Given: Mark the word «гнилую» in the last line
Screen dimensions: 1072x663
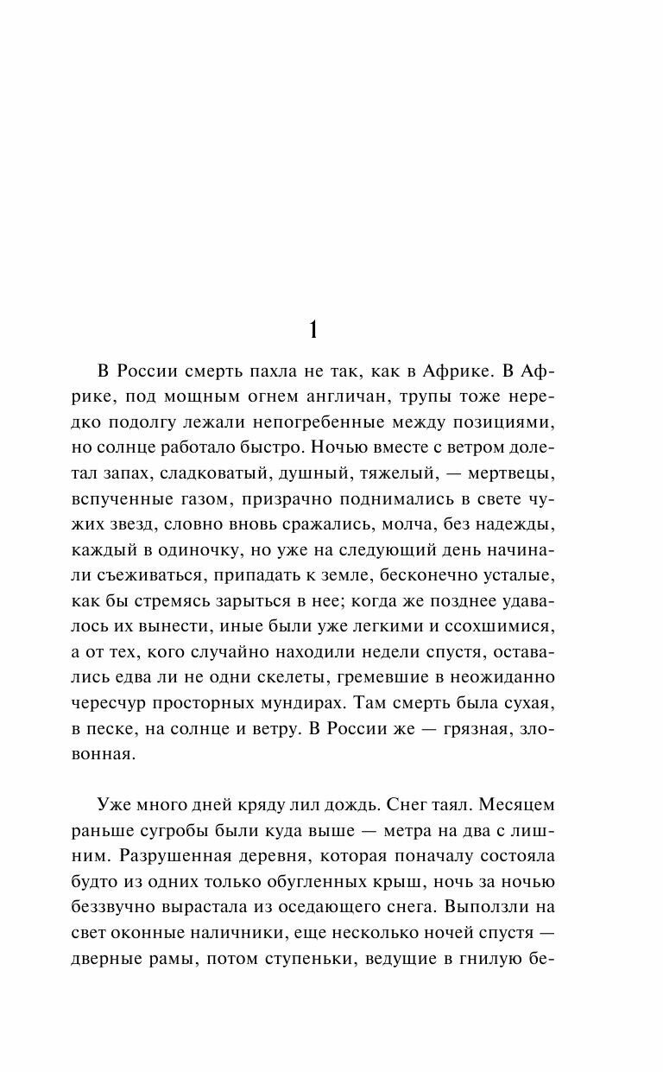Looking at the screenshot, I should (x=495, y=956).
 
